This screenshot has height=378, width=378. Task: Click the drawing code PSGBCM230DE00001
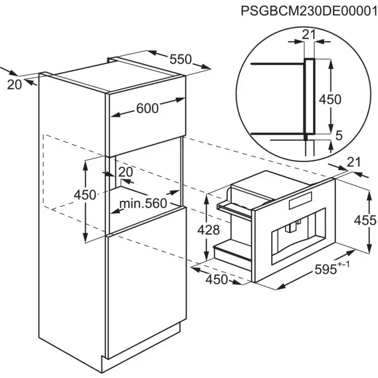pyautogui.click(x=309, y=11)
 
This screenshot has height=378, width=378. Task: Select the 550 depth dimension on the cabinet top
pyautogui.click(x=180, y=59)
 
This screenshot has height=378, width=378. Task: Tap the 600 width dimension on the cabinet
pyautogui.click(x=147, y=108)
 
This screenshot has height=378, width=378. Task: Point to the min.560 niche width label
pyautogui.click(x=143, y=204)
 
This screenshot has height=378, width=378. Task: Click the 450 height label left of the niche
pyautogui.click(x=85, y=195)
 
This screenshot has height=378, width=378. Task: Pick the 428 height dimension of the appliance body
pyautogui.click(x=208, y=230)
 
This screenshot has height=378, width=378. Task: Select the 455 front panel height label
pyautogui.click(x=365, y=220)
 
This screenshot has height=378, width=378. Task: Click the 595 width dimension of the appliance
pyautogui.click(x=326, y=269)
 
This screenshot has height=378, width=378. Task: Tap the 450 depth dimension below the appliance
pyautogui.click(x=217, y=280)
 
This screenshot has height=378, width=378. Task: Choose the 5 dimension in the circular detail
pyautogui.click(x=339, y=136)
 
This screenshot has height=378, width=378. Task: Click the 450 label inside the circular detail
pyautogui.click(x=330, y=99)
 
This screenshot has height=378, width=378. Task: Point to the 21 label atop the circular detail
pyautogui.click(x=309, y=35)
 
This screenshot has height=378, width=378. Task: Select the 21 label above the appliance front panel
pyautogui.click(x=354, y=162)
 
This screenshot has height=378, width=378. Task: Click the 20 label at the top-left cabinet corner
pyautogui.click(x=15, y=85)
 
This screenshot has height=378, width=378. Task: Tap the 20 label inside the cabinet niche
pyautogui.click(x=126, y=172)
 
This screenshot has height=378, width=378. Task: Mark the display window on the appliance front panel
pyautogui.click(x=300, y=200)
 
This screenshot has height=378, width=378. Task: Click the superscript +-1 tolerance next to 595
pyautogui.click(x=343, y=265)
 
